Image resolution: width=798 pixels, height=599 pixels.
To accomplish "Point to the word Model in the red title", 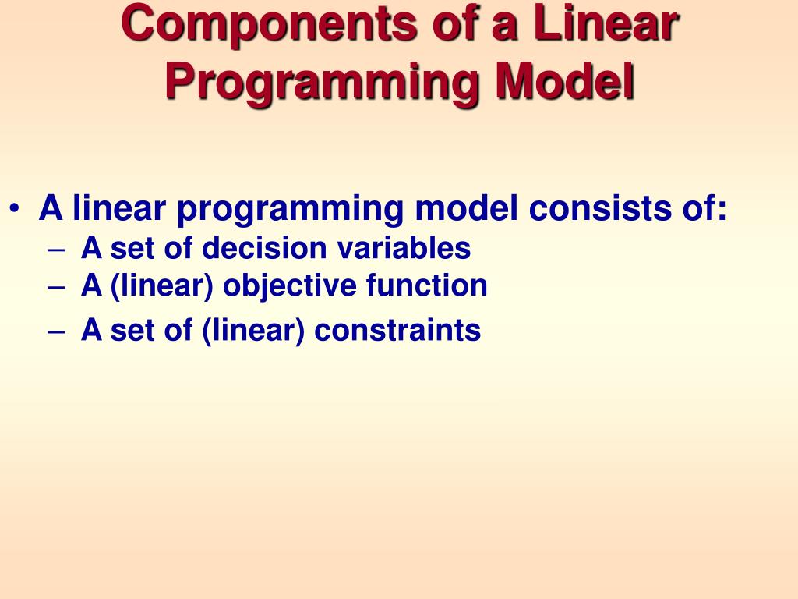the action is pyautogui.click(x=565, y=81).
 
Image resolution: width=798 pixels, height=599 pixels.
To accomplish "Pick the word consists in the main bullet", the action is pyautogui.click(x=600, y=208).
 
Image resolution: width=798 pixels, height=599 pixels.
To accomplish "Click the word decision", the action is pyautogui.click(x=264, y=248).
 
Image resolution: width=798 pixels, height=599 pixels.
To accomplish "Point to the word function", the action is pyautogui.click(x=427, y=285).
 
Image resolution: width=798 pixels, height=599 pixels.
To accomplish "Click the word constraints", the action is pyautogui.click(x=397, y=331).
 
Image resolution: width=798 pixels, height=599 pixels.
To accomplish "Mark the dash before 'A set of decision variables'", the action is pyautogui.click(x=56, y=250).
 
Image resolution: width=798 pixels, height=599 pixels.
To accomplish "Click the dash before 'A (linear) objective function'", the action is pyautogui.click(x=56, y=287).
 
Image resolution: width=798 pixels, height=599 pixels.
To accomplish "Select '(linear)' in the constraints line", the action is pyautogui.click(x=253, y=331).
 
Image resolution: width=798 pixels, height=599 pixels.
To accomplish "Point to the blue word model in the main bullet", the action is pyautogui.click(x=467, y=208).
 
